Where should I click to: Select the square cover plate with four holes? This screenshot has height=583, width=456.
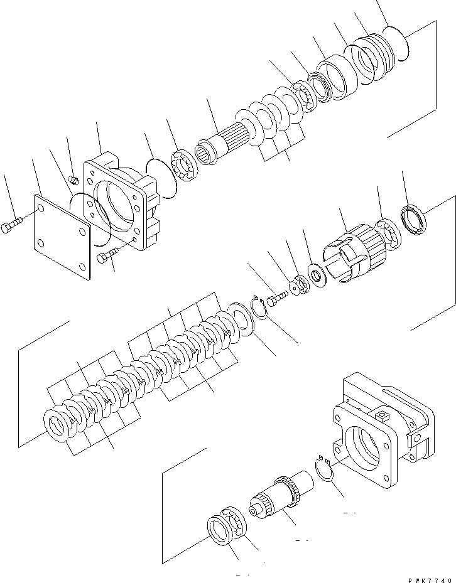pos(62,234)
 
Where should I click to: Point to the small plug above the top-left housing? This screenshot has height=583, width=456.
pos(73,181)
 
